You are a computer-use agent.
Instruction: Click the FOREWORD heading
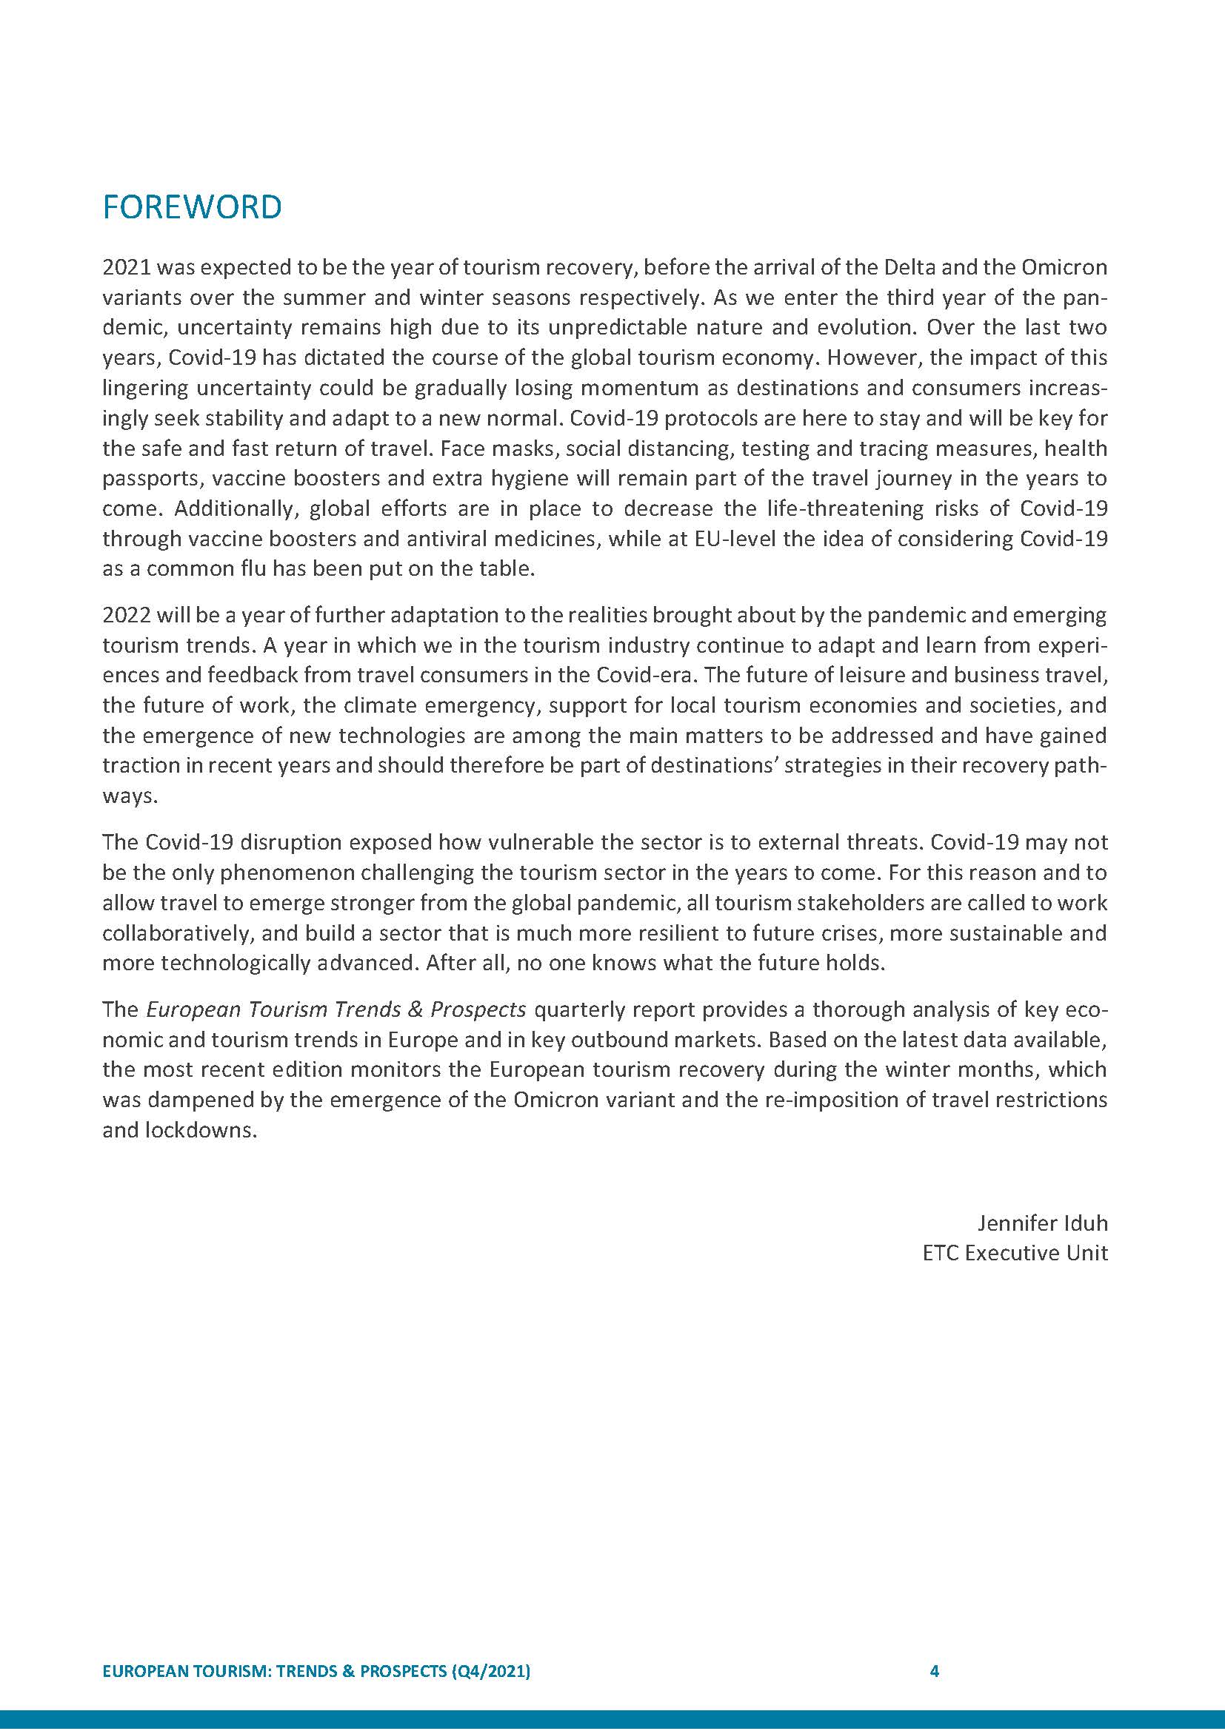pos(192,207)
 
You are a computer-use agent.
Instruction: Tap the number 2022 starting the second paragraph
pos(127,615)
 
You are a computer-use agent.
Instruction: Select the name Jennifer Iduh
pos(1043,1223)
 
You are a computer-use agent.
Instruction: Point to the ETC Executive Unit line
pos(1015,1253)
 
